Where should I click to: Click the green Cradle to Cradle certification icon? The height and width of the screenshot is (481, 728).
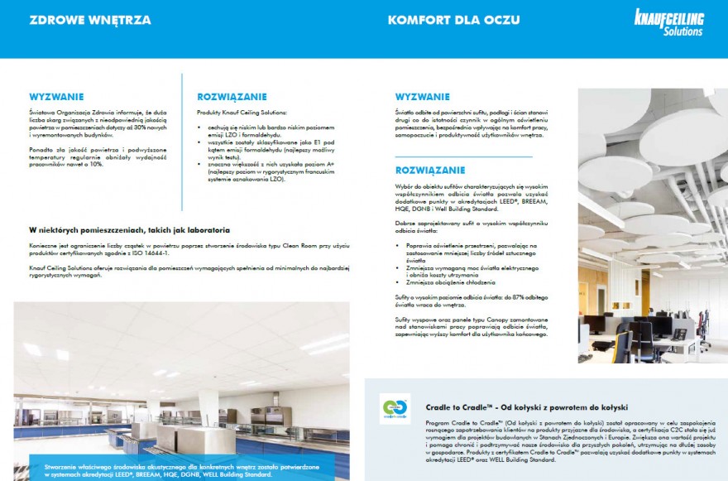click(x=395, y=410)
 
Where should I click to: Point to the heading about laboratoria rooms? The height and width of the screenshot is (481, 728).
click(x=129, y=229)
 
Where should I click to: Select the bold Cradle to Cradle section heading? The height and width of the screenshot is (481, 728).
click(x=526, y=407)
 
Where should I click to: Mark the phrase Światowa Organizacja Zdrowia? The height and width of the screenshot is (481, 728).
click(x=65, y=111)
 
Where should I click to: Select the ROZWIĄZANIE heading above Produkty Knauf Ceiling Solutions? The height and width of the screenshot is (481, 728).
click(x=231, y=96)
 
